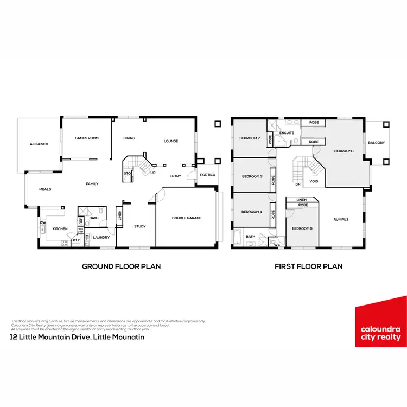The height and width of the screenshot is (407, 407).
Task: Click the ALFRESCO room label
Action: pyautogui.click(x=39, y=145)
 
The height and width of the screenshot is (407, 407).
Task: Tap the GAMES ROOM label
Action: pyautogui.click(x=87, y=138)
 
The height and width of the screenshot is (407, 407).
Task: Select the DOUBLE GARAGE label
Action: pyautogui.click(x=187, y=218)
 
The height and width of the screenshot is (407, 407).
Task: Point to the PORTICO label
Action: pyautogui.click(x=207, y=175)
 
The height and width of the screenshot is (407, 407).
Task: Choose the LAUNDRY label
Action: pyautogui.click(x=101, y=237)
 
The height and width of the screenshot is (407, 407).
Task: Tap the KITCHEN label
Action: pyautogui.click(x=60, y=229)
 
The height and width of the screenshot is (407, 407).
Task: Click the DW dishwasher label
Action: pyautogui.click(x=42, y=222)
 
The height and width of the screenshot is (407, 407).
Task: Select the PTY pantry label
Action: pyautogui.click(x=76, y=239)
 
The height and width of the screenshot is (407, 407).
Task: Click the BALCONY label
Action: pyautogui.click(x=377, y=143)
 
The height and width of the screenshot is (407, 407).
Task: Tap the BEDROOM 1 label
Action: pyautogui.click(x=344, y=151)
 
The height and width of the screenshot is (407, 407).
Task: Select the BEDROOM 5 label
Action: pyautogui.click(x=302, y=228)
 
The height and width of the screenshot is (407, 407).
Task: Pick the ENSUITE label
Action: pyautogui.click(x=287, y=133)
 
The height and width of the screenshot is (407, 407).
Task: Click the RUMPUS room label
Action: pyautogui.click(x=341, y=219)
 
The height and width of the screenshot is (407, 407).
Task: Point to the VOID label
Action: pyautogui.click(x=314, y=181)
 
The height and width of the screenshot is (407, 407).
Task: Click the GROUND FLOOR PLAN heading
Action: pyautogui.click(x=121, y=266)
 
